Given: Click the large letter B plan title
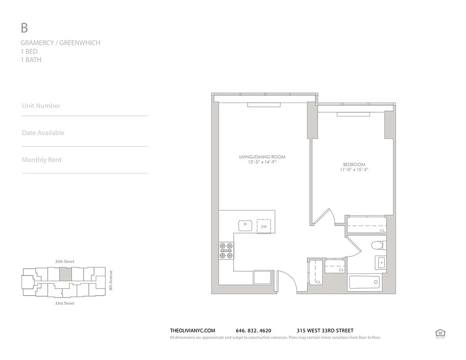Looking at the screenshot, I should point(24,28).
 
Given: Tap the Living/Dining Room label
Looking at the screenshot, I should point(262,157).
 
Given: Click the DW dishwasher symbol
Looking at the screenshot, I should point(264,226).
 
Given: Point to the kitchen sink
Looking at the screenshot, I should point(245,225).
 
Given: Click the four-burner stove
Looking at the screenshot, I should point(226,251).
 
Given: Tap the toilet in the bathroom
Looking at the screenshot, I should point(377,246).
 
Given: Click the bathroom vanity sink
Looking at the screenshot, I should point(381,262).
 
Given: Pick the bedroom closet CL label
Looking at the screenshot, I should point(382,230).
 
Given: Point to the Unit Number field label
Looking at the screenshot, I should point(41,106).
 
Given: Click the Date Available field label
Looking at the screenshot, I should point(43,133).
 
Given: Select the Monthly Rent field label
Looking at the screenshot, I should point(42,160).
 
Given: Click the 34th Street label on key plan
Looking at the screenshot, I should point(64,261).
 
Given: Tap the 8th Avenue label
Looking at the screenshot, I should point(111,279).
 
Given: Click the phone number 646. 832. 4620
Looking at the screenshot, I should point(253,331).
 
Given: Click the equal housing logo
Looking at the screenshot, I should point(440,333).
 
